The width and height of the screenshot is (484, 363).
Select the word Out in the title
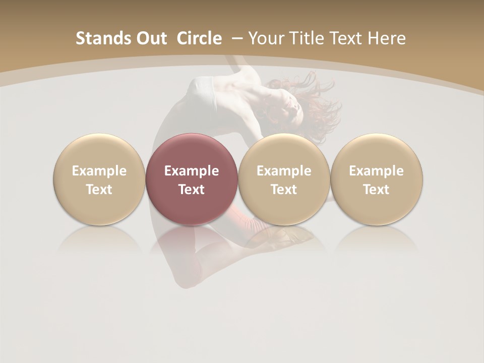click(x=146, y=38)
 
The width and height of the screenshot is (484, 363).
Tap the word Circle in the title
click(x=199, y=38)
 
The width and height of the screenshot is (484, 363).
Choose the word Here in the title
click(x=388, y=38)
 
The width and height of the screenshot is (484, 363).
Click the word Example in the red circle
click(x=192, y=171)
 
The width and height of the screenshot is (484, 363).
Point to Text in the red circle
click(x=192, y=190)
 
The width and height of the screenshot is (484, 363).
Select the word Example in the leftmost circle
click(x=99, y=171)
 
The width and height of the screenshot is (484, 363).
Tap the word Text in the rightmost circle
click(x=376, y=190)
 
